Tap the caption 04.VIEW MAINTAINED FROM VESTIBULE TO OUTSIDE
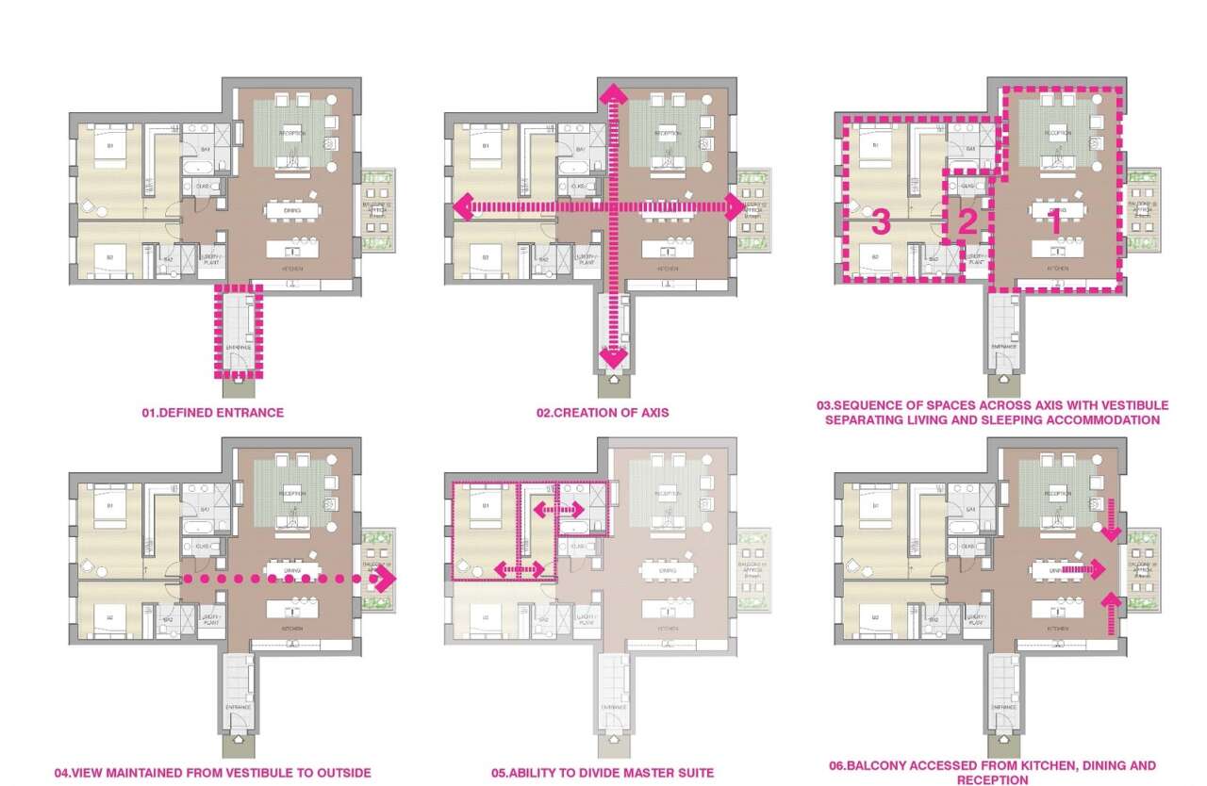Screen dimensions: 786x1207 tap(212, 773)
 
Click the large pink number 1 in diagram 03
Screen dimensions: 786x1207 tap(1056, 221)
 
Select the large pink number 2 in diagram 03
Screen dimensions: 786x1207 tap(966, 222)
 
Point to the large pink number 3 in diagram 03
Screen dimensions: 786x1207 tap(880, 222)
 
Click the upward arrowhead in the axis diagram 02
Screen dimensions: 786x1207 tap(612, 92)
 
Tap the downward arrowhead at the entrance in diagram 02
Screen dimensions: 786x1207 tap(612, 358)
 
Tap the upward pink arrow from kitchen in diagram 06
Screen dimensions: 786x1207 tap(1110, 613)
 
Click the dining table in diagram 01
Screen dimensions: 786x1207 tap(292, 210)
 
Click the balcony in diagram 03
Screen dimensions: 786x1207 tap(1142, 209)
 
